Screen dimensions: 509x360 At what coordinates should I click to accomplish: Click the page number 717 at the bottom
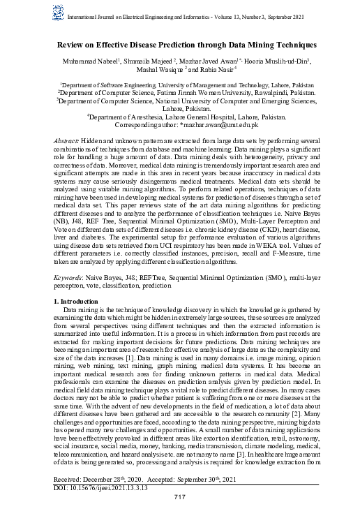pos(180,496)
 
